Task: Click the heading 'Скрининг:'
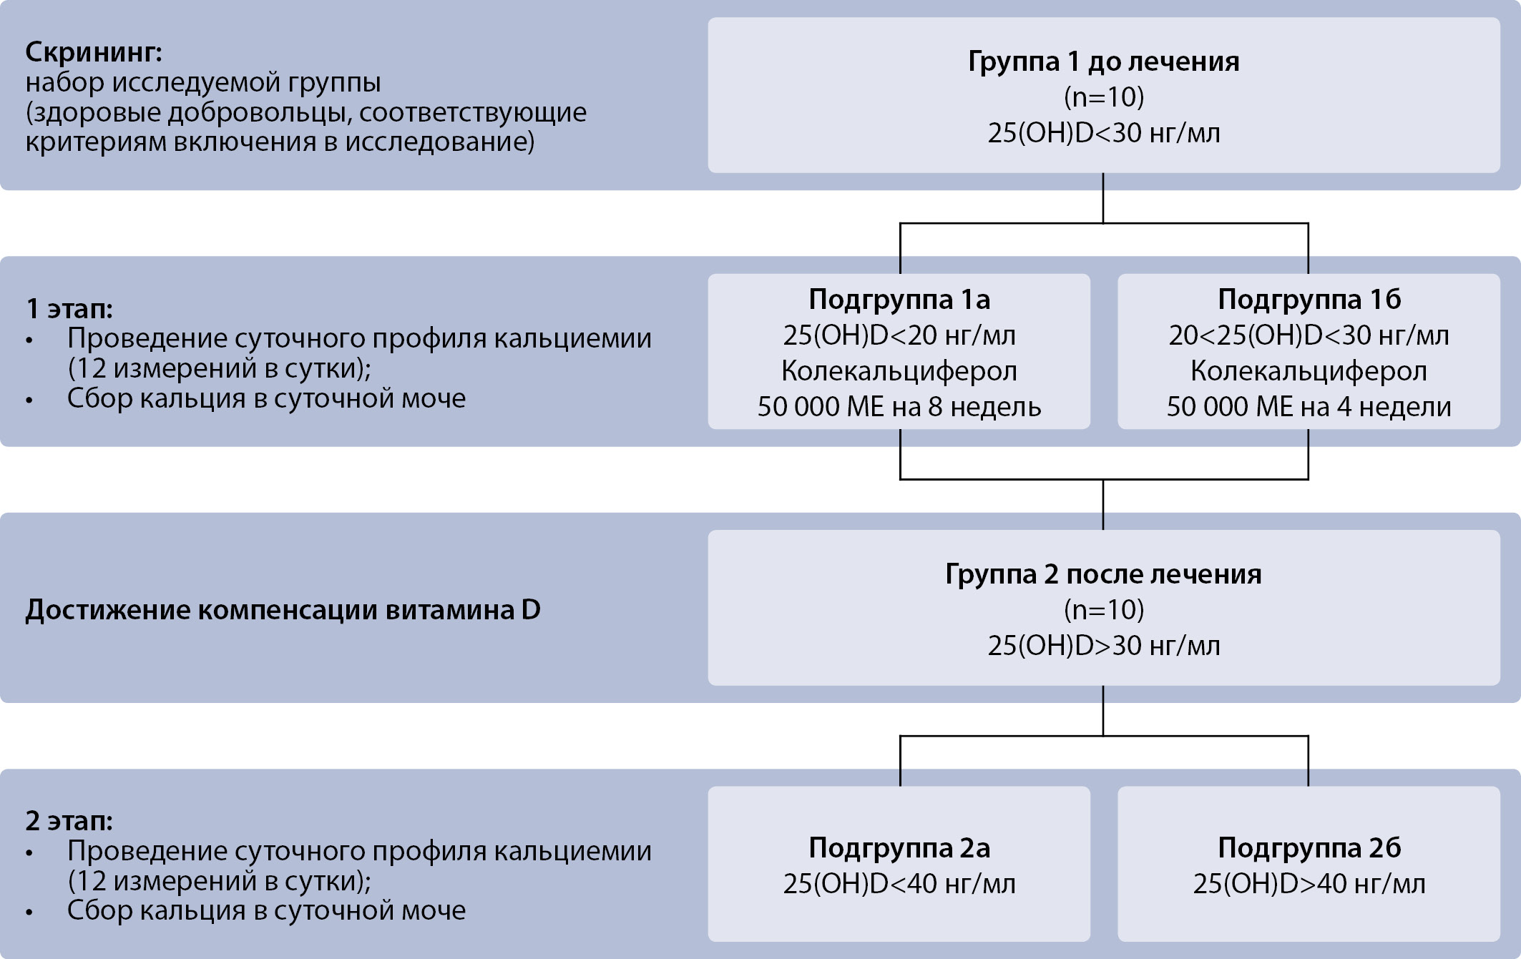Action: (x=94, y=52)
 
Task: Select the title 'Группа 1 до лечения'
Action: (x=1103, y=62)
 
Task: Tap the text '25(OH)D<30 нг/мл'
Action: (x=1103, y=133)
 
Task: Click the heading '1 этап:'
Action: (x=69, y=308)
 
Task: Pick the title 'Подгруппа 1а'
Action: (x=899, y=300)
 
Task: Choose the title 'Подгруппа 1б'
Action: (x=1309, y=300)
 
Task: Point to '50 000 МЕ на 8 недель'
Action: (x=899, y=407)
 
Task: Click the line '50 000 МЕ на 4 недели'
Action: (x=1309, y=407)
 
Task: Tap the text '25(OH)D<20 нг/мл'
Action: (x=899, y=335)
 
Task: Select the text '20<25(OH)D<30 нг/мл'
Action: (x=1309, y=335)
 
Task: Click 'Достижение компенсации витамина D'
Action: (x=283, y=610)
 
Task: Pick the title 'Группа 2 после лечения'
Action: (x=1103, y=574)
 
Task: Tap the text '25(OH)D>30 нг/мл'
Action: (x=1103, y=646)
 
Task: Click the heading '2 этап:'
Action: (x=69, y=821)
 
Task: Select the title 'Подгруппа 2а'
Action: (x=899, y=848)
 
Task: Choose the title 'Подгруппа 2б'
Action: (x=1309, y=848)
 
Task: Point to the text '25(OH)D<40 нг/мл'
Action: (x=899, y=885)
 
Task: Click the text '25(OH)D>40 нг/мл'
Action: (x=1309, y=885)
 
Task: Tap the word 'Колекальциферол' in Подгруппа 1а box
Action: (x=899, y=371)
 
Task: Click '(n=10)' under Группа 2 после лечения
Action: (x=1103, y=610)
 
